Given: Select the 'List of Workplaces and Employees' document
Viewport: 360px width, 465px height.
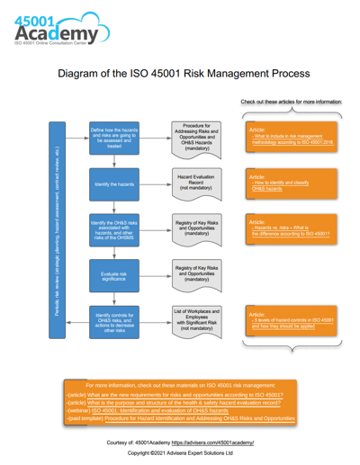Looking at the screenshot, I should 196,320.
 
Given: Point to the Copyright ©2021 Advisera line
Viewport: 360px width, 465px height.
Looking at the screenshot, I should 179,453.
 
